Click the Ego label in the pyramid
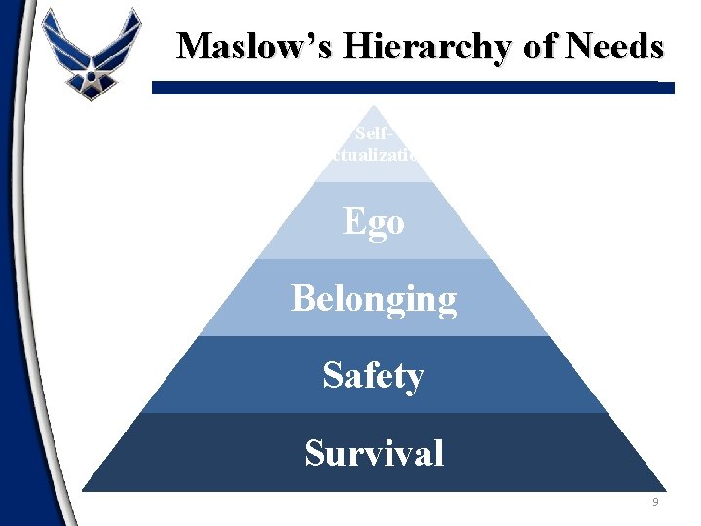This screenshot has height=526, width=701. [374, 222]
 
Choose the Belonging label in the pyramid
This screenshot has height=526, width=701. [374, 299]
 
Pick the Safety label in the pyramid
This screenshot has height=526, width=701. [374, 375]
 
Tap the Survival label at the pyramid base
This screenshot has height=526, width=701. [374, 453]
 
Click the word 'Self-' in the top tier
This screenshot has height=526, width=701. [374, 132]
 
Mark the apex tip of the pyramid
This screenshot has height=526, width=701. [374, 107]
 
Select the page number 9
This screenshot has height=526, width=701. [656, 502]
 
